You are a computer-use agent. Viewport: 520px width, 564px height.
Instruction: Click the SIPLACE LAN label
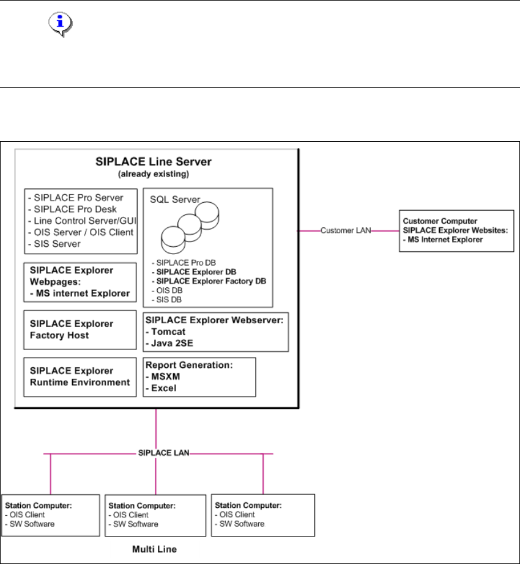pyautogui.click(x=155, y=453)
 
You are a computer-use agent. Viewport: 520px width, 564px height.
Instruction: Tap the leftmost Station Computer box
pyautogui.click(x=50, y=515)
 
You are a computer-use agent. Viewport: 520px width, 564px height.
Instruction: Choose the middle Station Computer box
pyautogui.click(x=155, y=515)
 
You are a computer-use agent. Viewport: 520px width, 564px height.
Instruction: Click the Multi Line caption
pyautogui.click(x=155, y=549)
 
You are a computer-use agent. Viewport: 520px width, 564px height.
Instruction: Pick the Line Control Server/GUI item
pyautogui.click(x=80, y=221)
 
